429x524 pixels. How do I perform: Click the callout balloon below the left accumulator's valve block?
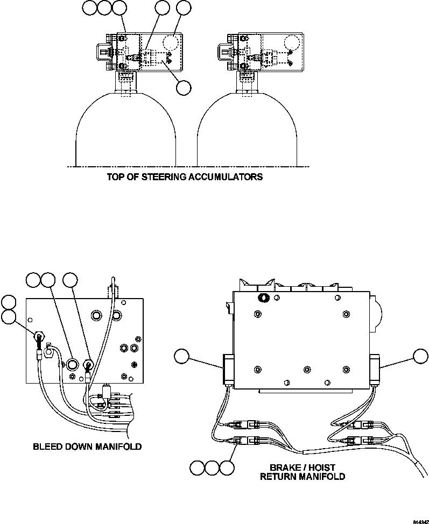pos(185,87)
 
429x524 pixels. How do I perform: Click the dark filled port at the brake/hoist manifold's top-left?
pos(264,298)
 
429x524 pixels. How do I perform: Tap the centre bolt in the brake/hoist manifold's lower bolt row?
pos(307,369)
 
